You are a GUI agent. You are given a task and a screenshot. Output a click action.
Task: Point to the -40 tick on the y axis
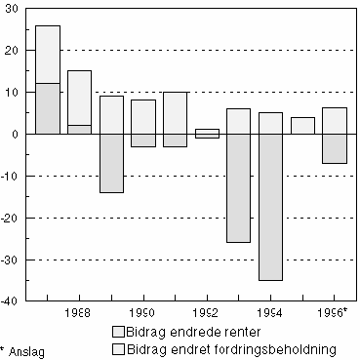12,301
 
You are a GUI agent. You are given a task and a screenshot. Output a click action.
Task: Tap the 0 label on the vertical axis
20,134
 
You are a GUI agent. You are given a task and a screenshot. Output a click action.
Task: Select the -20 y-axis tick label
12,218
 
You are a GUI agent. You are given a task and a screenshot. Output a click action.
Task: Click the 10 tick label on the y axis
14,92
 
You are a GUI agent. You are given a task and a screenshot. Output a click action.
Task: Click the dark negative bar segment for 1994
270,207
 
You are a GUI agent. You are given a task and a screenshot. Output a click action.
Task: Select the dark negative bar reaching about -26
239,188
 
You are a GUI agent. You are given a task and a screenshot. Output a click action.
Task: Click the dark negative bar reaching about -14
111,163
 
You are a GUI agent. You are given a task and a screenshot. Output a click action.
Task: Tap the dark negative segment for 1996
335,148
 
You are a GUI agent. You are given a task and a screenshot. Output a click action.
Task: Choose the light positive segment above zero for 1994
270,123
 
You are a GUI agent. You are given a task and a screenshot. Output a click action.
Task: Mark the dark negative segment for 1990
143,140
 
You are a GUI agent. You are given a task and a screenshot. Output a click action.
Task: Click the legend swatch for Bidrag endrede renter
119,333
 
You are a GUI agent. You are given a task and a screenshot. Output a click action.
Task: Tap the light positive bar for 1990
143,116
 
